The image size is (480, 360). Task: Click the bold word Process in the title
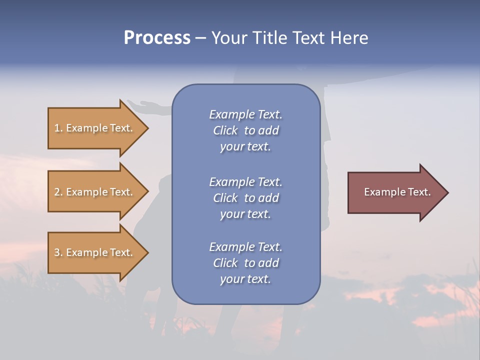click(x=157, y=38)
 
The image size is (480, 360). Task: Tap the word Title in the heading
click(x=268, y=38)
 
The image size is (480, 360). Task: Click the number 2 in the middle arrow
click(x=57, y=192)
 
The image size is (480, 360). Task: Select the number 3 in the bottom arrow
click(x=57, y=252)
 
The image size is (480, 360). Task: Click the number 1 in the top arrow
click(x=57, y=128)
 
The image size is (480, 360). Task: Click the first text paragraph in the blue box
click(x=245, y=130)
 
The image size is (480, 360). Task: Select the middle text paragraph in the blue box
click(x=245, y=198)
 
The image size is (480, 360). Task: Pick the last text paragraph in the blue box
click(x=245, y=263)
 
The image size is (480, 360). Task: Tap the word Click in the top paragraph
click(x=225, y=130)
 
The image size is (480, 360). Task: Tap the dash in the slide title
click(x=200, y=38)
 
